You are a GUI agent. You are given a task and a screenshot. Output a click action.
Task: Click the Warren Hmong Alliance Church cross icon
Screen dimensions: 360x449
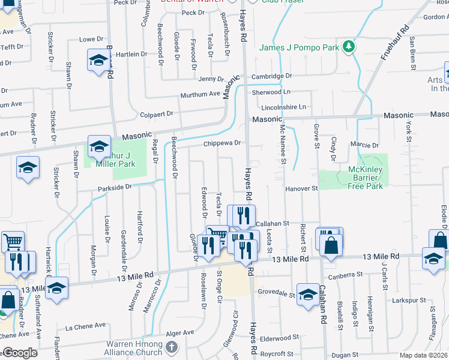coord(172,347)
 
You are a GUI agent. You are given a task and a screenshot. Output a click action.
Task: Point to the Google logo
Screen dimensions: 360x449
coord(19,353)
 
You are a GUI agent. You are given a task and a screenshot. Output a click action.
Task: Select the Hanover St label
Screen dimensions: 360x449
coord(301,188)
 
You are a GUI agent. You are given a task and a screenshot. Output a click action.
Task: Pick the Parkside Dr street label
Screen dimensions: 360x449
coord(115,187)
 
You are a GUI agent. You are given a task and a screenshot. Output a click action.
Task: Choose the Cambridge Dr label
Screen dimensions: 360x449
coord(271,76)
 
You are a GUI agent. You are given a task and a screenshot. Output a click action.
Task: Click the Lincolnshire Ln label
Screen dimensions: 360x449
coord(284,107)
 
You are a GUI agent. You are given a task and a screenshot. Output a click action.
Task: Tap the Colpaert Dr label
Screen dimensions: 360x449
coord(157,113)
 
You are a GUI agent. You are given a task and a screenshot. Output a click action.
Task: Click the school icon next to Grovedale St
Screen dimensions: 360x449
coord(308,295)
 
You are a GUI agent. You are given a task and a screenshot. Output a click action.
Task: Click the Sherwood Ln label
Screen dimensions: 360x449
coord(271,92)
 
